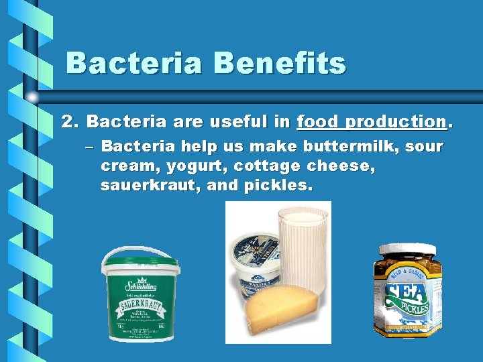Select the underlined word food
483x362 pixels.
coord(317,122)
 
